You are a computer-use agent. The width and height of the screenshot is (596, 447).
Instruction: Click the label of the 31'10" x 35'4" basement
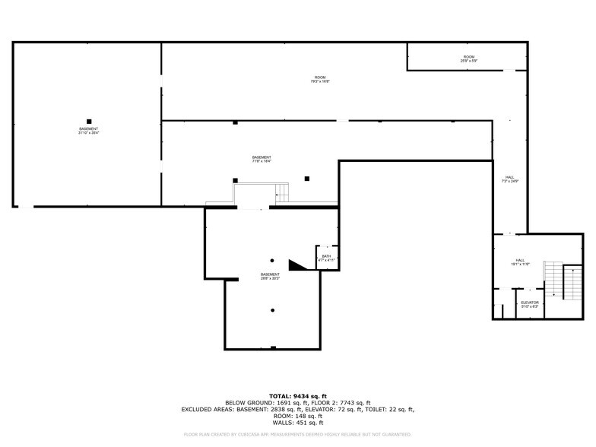88,131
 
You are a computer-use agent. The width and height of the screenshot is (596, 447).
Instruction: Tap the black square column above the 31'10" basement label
89,121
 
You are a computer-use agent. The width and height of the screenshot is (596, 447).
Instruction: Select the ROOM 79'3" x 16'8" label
320,79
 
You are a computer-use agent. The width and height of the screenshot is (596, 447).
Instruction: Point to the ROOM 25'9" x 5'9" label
469,59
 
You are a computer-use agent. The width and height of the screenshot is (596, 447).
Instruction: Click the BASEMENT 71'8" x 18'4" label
262,159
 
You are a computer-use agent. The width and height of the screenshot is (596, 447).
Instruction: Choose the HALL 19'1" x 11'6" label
520,262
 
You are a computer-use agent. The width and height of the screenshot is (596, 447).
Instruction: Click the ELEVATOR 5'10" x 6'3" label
530,304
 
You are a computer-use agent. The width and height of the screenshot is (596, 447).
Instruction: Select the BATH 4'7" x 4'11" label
326,258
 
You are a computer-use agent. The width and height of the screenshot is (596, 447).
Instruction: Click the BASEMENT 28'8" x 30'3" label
270,276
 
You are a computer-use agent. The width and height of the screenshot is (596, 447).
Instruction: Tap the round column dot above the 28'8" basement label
272,260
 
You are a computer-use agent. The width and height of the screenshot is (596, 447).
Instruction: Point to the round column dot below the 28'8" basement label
272,310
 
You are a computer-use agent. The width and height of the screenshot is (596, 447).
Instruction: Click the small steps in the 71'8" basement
282,192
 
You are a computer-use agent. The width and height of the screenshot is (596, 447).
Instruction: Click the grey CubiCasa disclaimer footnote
297,434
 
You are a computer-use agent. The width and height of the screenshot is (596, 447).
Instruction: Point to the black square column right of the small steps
307,179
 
